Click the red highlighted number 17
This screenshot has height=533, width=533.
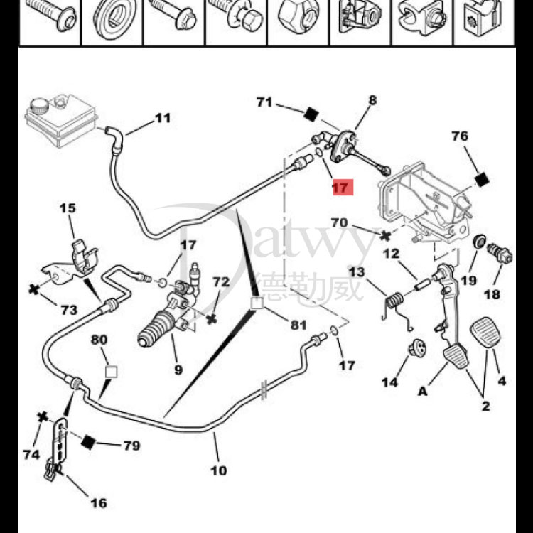(x=342, y=188)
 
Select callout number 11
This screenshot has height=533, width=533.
(x=163, y=118)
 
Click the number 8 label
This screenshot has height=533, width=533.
(x=372, y=101)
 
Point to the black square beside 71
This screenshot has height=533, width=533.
(x=310, y=113)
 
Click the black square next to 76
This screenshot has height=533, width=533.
(x=482, y=180)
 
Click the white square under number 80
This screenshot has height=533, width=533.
(x=110, y=371)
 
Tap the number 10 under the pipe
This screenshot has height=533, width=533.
(x=218, y=470)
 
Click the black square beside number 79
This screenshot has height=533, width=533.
(x=88, y=443)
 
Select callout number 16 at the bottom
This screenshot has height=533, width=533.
(x=98, y=502)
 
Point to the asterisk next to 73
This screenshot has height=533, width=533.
(x=33, y=289)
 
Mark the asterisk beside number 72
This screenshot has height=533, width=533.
(x=211, y=319)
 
